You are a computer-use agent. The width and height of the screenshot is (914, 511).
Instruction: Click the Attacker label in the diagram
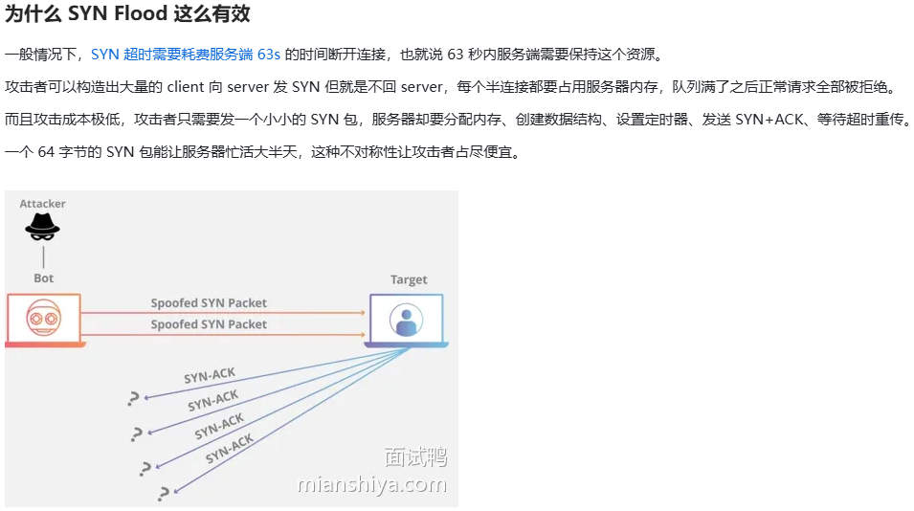click(x=43, y=204)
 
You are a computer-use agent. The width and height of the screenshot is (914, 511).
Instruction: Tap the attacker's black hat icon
click(x=42, y=228)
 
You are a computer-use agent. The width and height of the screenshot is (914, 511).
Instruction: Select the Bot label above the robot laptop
click(x=44, y=278)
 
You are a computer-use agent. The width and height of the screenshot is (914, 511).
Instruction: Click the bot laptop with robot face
click(x=44, y=319)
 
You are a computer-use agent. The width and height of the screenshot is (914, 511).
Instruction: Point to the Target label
click(x=409, y=279)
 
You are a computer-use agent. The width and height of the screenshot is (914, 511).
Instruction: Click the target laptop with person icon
click(x=408, y=318)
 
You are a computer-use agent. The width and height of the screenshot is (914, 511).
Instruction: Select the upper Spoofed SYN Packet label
click(x=209, y=303)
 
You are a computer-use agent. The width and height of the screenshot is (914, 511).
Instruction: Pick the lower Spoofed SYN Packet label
click(x=209, y=324)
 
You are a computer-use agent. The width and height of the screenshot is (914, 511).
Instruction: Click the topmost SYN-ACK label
click(x=210, y=375)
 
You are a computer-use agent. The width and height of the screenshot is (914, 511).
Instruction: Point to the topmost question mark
click(x=133, y=399)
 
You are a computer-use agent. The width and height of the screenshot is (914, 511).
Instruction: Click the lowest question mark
click(x=165, y=493)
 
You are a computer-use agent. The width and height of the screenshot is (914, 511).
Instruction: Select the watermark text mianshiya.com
click(x=372, y=484)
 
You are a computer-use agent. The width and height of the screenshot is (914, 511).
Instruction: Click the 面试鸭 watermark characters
click(x=415, y=457)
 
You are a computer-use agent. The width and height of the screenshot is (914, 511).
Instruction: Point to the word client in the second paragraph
click(x=185, y=87)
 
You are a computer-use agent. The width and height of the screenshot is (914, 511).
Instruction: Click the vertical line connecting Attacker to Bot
click(x=43, y=256)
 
